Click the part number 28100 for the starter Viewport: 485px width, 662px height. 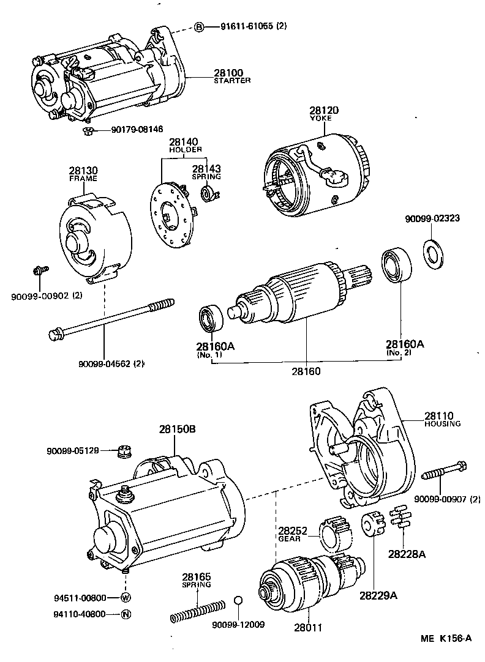click(228, 73)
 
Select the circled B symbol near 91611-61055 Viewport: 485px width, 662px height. click(199, 27)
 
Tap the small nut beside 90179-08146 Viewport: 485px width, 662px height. click(88, 130)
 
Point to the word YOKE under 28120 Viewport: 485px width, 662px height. click(324, 119)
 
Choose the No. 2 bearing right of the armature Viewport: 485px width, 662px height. click(396, 266)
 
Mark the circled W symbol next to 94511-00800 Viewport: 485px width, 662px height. click(126, 597)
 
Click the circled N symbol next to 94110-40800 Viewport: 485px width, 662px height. click(126, 614)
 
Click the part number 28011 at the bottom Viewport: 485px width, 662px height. click(307, 627)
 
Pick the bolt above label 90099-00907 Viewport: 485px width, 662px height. click(443, 472)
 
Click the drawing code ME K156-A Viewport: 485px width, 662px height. click(445, 639)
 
